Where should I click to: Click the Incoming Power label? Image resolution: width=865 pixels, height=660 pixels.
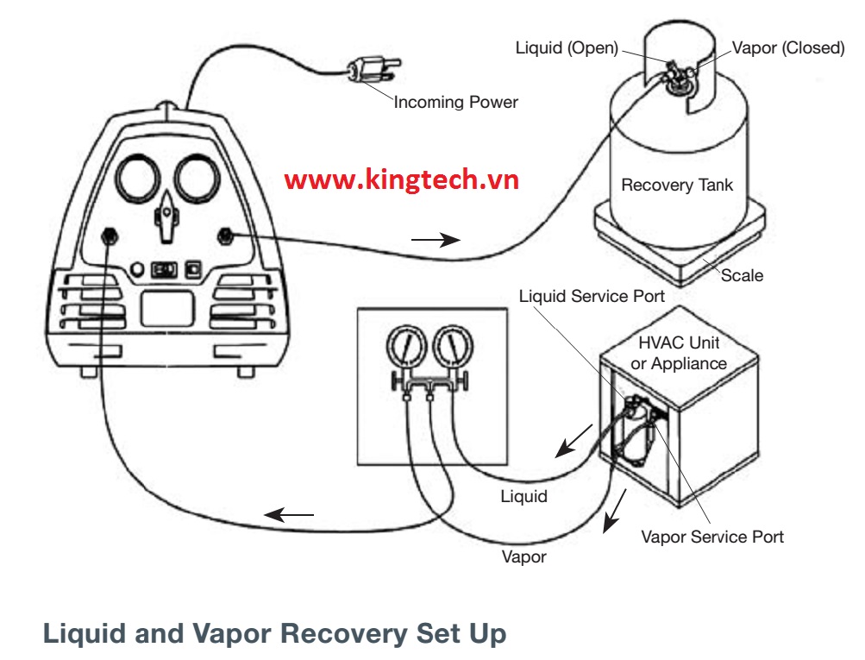tap(455, 103)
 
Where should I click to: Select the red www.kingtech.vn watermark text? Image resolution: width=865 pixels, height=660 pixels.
tap(402, 179)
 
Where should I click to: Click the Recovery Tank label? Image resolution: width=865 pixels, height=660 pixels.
tap(677, 185)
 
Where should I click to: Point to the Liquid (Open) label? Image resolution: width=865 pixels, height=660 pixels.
tap(567, 48)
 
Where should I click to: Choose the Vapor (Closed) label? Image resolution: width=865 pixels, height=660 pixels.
tap(788, 48)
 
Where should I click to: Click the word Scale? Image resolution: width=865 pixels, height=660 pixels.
tap(742, 276)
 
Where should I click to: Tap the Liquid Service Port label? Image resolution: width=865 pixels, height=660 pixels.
tap(592, 297)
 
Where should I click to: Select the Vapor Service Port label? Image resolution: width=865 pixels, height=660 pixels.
tap(712, 537)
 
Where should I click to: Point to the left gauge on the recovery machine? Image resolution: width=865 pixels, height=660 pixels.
tap(140, 179)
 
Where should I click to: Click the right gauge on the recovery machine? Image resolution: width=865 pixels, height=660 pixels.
tap(200, 179)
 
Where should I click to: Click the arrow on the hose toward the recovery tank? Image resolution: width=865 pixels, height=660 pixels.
tap(435, 240)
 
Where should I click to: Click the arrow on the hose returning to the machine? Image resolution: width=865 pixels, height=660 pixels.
tap(289, 516)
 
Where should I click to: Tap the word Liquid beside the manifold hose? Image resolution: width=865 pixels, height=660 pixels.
tap(523, 496)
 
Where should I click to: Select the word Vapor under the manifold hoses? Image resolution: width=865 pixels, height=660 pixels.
tap(523, 556)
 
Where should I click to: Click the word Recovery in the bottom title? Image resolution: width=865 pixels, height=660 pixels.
tap(343, 634)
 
